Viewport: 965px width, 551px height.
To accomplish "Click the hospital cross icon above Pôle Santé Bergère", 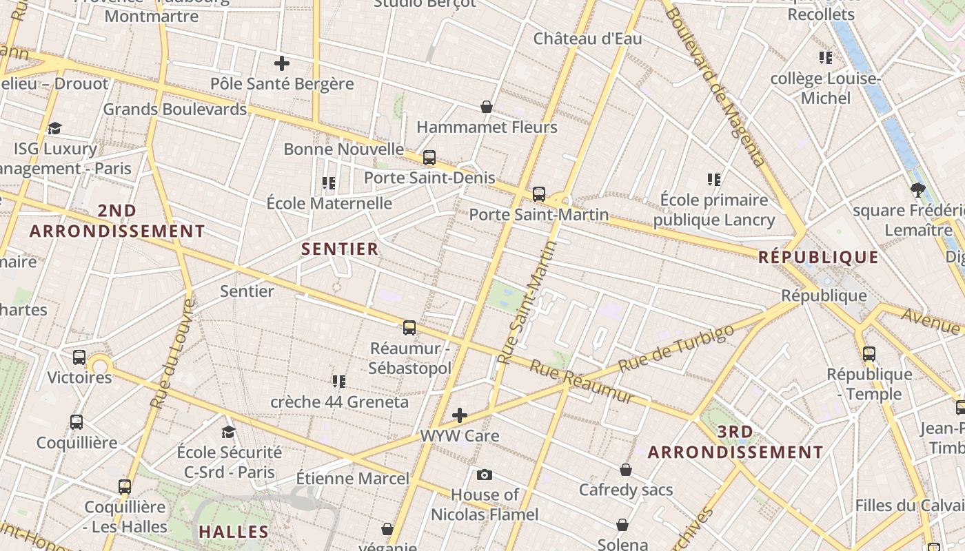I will tap(281, 63).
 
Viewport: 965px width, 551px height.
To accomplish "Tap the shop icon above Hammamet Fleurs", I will tap(487, 107).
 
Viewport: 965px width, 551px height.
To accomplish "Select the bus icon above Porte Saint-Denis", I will tap(429, 158).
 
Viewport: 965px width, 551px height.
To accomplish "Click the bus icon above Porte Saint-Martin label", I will tap(539, 194).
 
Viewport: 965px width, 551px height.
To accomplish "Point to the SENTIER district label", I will tap(340, 249).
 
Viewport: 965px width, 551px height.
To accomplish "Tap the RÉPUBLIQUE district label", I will tap(818, 258).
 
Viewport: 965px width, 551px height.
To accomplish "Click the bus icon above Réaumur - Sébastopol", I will tap(409, 327).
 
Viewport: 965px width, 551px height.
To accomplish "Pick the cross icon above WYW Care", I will tap(460, 415).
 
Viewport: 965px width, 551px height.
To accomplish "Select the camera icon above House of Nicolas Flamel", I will tap(485, 475).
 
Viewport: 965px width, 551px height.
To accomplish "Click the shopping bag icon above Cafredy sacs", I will tap(626, 470).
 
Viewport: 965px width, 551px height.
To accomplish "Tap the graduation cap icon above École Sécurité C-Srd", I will tap(228, 432).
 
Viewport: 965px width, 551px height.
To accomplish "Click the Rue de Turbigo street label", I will tap(675, 349).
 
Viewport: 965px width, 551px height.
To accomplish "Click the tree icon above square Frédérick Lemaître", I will tap(917, 190).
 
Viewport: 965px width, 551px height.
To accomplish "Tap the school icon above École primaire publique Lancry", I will tap(714, 180).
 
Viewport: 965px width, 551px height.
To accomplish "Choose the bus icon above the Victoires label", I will tap(79, 357).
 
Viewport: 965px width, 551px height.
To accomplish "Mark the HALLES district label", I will tap(234, 532).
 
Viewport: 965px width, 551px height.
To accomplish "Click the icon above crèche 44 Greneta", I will tap(338, 381).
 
